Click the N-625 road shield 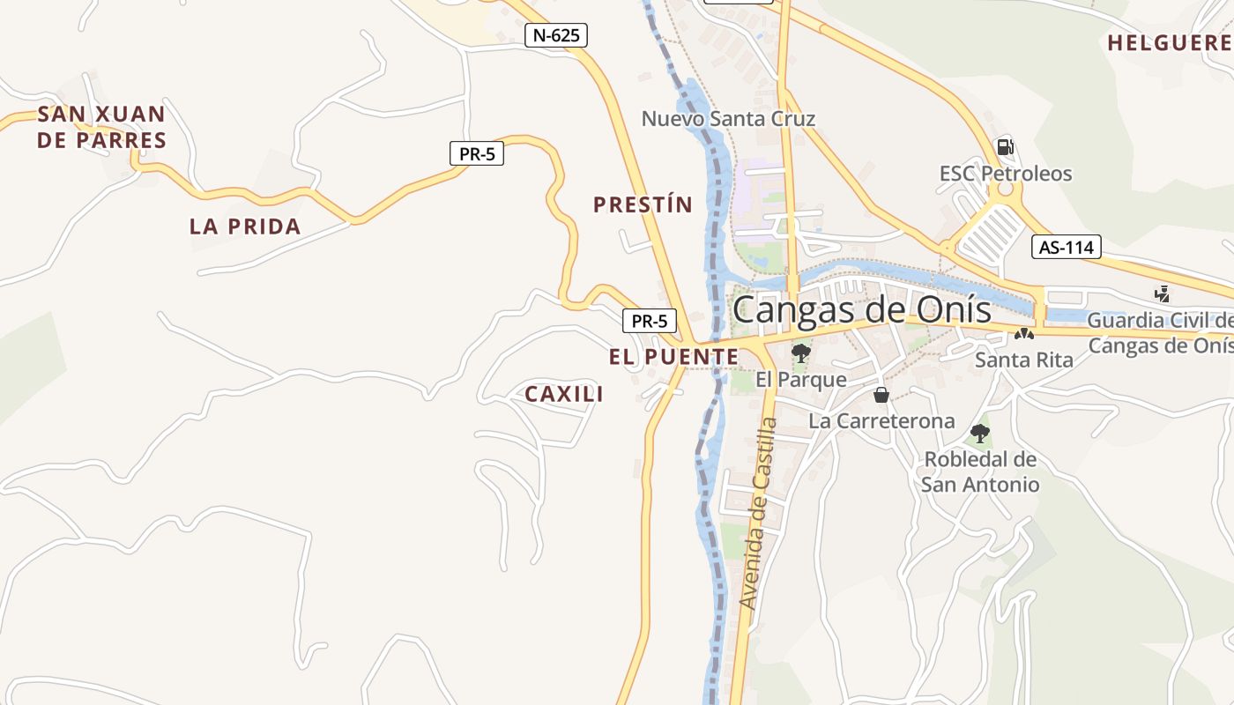[555, 35]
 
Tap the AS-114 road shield [1066, 247]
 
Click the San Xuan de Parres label [101, 127]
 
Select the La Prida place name [245, 226]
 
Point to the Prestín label [643, 205]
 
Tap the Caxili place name [564, 394]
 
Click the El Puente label [673, 357]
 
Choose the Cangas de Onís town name [861, 309]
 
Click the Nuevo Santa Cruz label [728, 118]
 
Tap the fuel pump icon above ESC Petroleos [1004, 146]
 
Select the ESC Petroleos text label [1006, 174]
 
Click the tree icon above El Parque [800, 353]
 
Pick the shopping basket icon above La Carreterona [881, 394]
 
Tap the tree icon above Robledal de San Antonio [979, 433]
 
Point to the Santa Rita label [1024, 360]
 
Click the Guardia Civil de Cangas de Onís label [1160, 332]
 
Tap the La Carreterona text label [881, 420]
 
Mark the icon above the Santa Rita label [1023, 334]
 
